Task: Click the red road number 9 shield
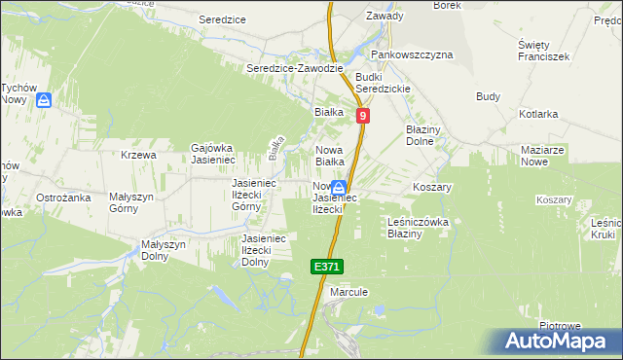[362, 116]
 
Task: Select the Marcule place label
[348, 291]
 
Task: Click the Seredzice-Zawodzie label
[294, 68]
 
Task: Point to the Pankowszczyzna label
[419, 54]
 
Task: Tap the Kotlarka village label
[538, 114]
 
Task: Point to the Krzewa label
[139, 155]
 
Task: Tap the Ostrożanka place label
[63, 198]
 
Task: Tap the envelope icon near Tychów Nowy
[44, 99]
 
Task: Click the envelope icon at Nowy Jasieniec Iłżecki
[338, 188]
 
